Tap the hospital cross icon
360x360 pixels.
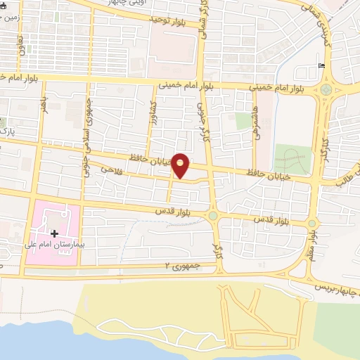pyautogui.click(x=53, y=233)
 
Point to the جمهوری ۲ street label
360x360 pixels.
pyautogui.click(x=183, y=265)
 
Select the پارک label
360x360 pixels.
pyautogui.click(x=7, y=131)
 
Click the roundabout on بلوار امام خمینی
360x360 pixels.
pyautogui.click(x=326, y=89)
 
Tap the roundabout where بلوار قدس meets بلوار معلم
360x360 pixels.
pyautogui.click(x=311, y=224)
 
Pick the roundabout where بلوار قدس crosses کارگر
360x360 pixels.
pyautogui.click(x=213, y=215)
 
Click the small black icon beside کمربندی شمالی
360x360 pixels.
pyautogui.click(x=322, y=66)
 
